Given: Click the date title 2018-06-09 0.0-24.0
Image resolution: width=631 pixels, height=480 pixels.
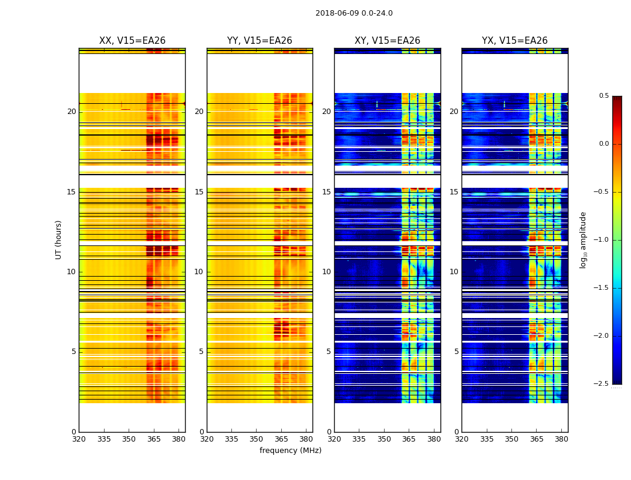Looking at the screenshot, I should click(x=354, y=13).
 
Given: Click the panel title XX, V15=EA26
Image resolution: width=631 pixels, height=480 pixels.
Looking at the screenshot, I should click(x=132, y=41).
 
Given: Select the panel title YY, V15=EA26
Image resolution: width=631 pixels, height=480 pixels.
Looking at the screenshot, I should click(x=260, y=41).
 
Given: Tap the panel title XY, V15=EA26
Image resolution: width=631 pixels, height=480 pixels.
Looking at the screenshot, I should click(x=387, y=41).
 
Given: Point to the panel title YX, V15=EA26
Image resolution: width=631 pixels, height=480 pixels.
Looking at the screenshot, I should click(x=514, y=41).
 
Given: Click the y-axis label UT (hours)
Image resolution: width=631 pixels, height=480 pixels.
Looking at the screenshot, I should click(x=59, y=239).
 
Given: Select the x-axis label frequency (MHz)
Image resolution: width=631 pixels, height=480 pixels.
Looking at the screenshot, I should click(x=290, y=451).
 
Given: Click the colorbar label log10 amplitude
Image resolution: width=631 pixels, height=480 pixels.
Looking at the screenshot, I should click(x=583, y=239).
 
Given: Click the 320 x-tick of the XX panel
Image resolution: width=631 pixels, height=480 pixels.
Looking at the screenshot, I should click(x=79, y=439).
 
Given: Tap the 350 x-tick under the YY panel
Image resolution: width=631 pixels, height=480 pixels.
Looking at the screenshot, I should click(x=257, y=439).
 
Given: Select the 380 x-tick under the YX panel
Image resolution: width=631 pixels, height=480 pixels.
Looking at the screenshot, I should click(x=561, y=439).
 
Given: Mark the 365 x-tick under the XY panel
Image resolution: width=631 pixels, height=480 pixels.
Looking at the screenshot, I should click(x=409, y=439).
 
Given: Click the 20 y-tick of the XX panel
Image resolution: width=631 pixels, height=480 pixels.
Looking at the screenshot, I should click(x=72, y=112).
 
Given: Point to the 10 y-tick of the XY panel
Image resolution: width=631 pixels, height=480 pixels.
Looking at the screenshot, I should click(x=326, y=272).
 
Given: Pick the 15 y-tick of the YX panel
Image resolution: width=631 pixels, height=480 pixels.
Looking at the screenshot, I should click(x=454, y=192).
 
